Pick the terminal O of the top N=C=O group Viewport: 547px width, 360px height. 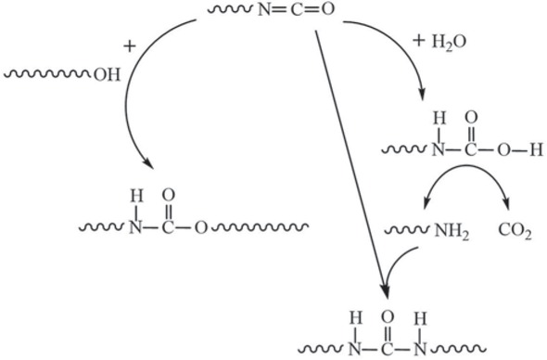pyautogui.click(x=326, y=13)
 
